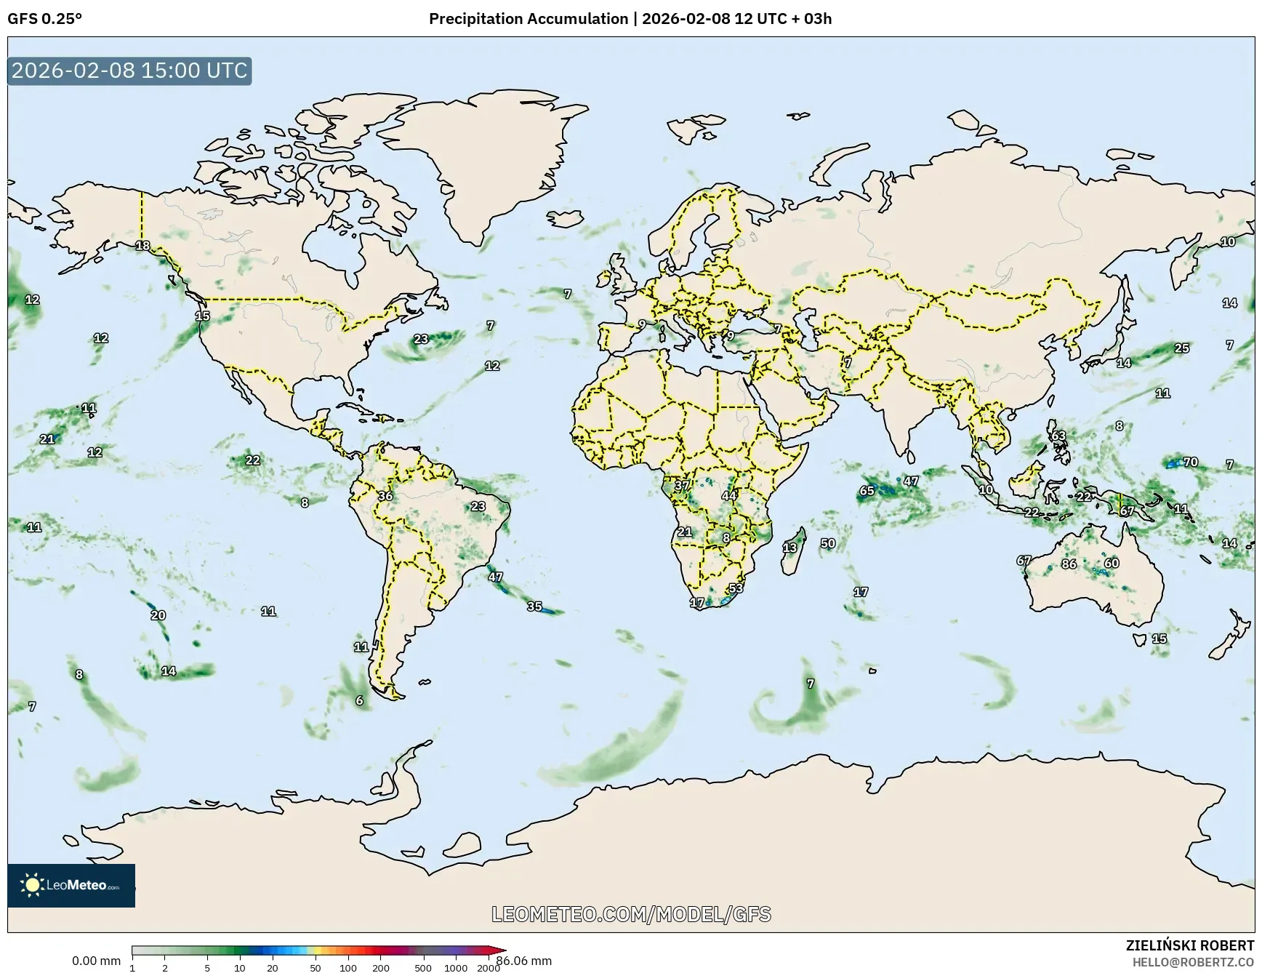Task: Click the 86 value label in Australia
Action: (1069, 564)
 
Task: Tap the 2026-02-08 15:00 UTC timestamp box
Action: (129, 71)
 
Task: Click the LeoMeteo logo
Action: (71, 885)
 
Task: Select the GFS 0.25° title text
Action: (45, 19)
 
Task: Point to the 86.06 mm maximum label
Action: (523, 961)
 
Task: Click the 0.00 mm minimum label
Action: (96, 961)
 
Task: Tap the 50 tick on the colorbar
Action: (315, 968)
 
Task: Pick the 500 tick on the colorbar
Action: (423, 968)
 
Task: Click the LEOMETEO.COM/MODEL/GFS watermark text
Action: (631, 914)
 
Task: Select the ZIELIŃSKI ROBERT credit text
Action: (1190, 945)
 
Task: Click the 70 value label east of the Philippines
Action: (1190, 462)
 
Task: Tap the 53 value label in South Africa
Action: (736, 588)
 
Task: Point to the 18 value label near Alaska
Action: (143, 246)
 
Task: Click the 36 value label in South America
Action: (385, 496)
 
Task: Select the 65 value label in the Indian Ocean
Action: (867, 491)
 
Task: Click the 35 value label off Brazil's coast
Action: (534, 606)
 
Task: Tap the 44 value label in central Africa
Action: (728, 496)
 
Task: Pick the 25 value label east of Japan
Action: (1182, 348)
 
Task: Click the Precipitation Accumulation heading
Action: (528, 19)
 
